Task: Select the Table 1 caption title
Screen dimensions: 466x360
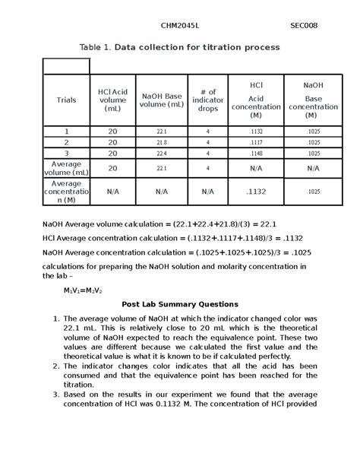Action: (x=180, y=47)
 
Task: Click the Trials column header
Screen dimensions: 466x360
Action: (x=66, y=100)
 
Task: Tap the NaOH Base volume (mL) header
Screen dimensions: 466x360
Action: (x=161, y=100)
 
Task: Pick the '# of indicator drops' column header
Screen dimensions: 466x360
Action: (x=207, y=100)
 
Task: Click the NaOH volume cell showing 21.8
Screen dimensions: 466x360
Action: (x=161, y=142)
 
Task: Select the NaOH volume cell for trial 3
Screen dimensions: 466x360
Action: (x=161, y=154)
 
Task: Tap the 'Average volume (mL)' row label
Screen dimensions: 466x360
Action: (x=66, y=168)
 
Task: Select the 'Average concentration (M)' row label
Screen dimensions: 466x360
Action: (x=66, y=192)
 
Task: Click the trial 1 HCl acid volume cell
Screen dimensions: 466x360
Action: (x=112, y=132)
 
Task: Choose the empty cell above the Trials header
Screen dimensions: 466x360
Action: (x=66, y=66)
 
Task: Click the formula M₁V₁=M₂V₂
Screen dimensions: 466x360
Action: (x=83, y=290)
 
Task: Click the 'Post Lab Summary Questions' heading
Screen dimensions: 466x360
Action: (x=180, y=304)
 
